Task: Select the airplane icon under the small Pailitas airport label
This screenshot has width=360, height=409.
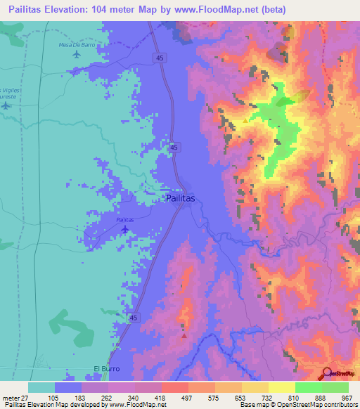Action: click(125, 229)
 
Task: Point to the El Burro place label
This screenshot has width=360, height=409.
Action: click(108, 368)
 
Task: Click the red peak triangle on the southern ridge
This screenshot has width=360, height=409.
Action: click(184, 335)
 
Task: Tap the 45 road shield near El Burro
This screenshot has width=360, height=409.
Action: click(134, 318)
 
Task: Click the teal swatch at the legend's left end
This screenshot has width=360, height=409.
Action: click(41, 387)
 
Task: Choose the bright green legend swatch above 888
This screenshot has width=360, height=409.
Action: click(308, 387)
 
